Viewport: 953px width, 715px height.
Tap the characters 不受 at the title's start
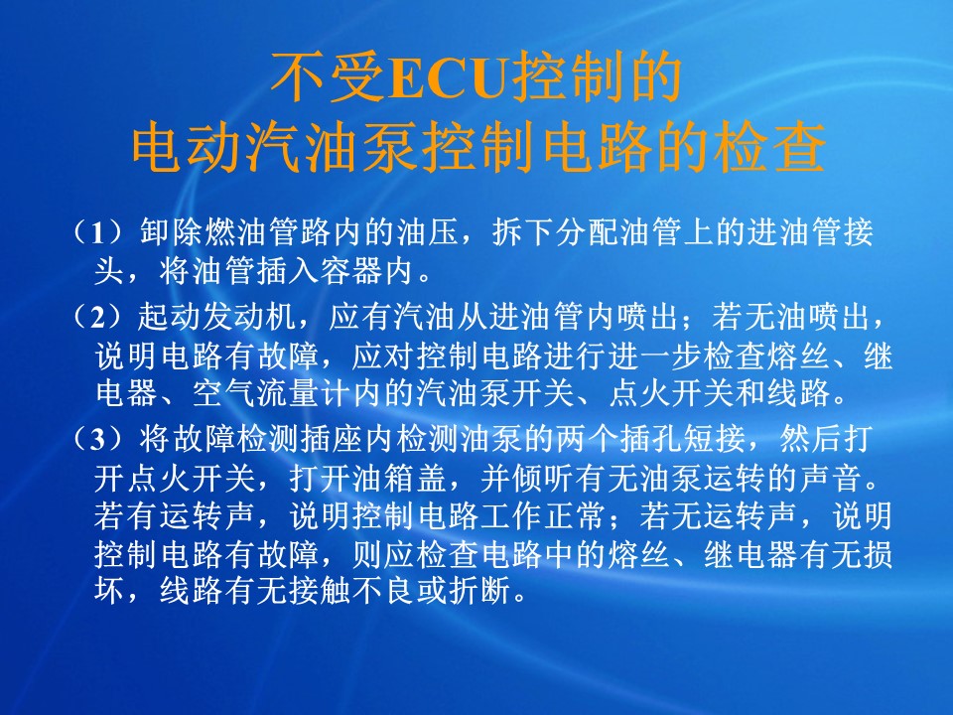coord(329,77)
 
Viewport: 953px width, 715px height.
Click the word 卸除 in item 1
coord(172,231)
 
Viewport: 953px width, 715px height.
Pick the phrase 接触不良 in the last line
coord(351,590)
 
